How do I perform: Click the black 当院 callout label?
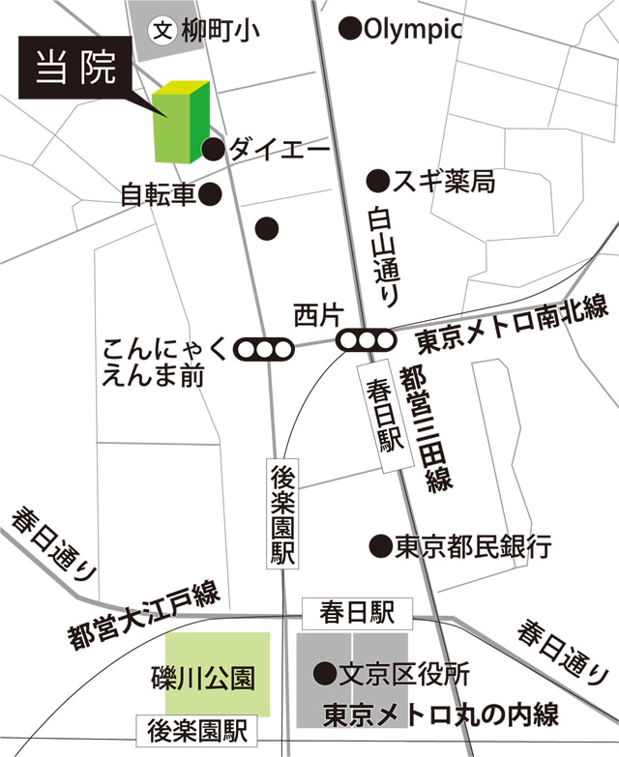point(76,69)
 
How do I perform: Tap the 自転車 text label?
point(159,196)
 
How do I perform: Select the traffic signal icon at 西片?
point(366,340)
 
